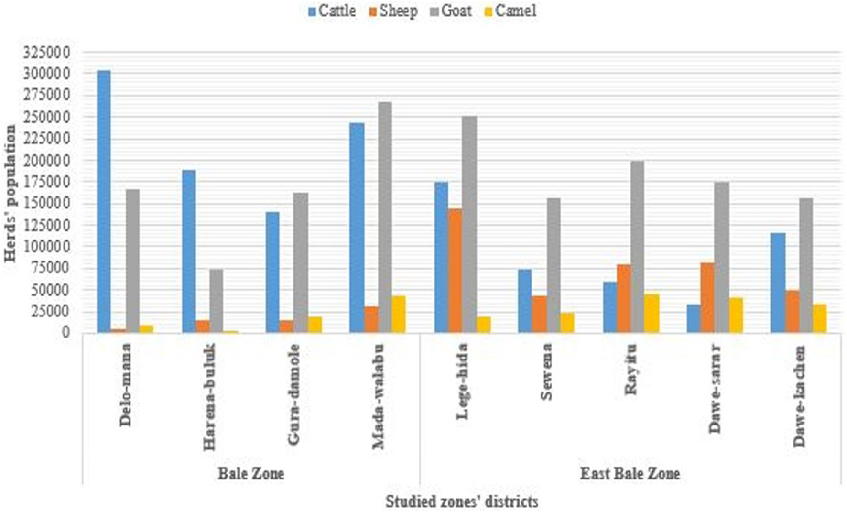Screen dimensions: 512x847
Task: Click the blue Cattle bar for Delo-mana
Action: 104,201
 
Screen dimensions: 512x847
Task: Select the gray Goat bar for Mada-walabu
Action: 385,217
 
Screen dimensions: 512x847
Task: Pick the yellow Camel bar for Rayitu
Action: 652,313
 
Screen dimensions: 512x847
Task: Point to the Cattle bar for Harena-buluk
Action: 189,251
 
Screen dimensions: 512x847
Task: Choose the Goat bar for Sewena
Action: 554,265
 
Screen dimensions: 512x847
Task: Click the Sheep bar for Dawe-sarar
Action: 707,297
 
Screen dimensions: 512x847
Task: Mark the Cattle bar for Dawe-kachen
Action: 778,283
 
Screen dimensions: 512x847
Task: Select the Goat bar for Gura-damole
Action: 301,262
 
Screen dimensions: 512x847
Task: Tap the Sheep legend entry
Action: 393,11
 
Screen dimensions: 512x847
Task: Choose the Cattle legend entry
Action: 332,11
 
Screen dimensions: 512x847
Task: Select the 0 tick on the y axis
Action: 65,332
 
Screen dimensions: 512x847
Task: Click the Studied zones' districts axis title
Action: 462,501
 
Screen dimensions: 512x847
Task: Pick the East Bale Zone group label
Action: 630,474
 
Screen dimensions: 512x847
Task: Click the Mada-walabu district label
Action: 379,396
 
